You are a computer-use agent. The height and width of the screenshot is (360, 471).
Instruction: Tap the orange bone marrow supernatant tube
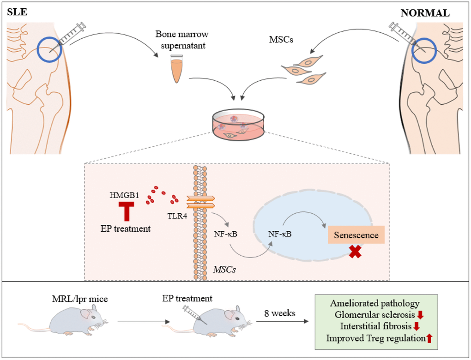176,69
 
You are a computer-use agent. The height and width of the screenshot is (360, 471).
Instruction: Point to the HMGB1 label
125,195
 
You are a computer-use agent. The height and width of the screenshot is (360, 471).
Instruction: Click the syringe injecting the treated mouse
190,313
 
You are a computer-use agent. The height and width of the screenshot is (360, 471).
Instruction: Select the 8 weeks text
279,314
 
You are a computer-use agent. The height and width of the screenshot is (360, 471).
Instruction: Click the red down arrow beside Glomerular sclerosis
420,315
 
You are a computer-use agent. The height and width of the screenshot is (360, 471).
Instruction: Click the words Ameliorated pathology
374,304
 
